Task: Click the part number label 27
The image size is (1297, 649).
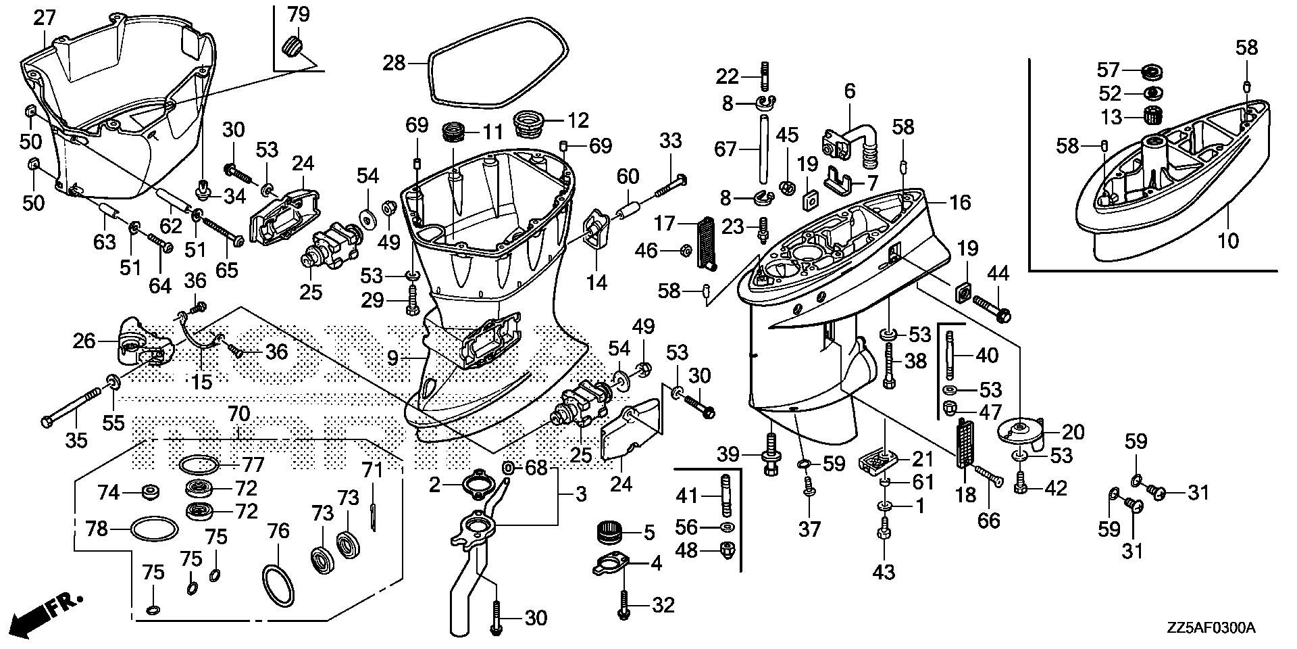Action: click(x=45, y=18)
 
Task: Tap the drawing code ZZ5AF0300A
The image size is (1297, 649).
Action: click(x=1210, y=629)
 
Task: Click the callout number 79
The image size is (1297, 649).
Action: click(x=298, y=14)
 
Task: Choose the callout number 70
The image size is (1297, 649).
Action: click(x=238, y=414)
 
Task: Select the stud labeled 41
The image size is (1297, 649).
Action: click(x=725, y=496)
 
